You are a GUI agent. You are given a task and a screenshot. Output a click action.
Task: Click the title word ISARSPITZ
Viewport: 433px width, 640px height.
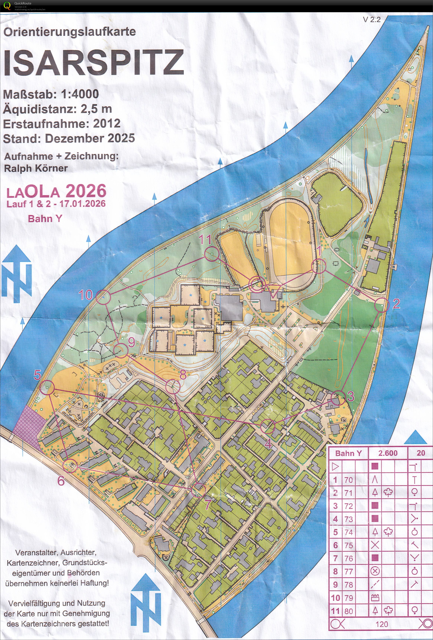click(x=94, y=63)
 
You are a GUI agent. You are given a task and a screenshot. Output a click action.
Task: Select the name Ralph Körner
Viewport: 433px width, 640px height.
click(x=36, y=168)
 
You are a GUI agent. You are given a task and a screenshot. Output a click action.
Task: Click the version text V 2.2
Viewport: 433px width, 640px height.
click(x=372, y=20)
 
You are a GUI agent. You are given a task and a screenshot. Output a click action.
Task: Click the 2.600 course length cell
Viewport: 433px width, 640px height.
click(x=388, y=453)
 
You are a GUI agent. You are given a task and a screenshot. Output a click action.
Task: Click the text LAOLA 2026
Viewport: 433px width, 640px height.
click(x=56, y=191)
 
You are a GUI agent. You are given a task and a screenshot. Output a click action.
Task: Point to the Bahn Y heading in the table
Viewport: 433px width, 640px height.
click(x=348, y=453)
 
